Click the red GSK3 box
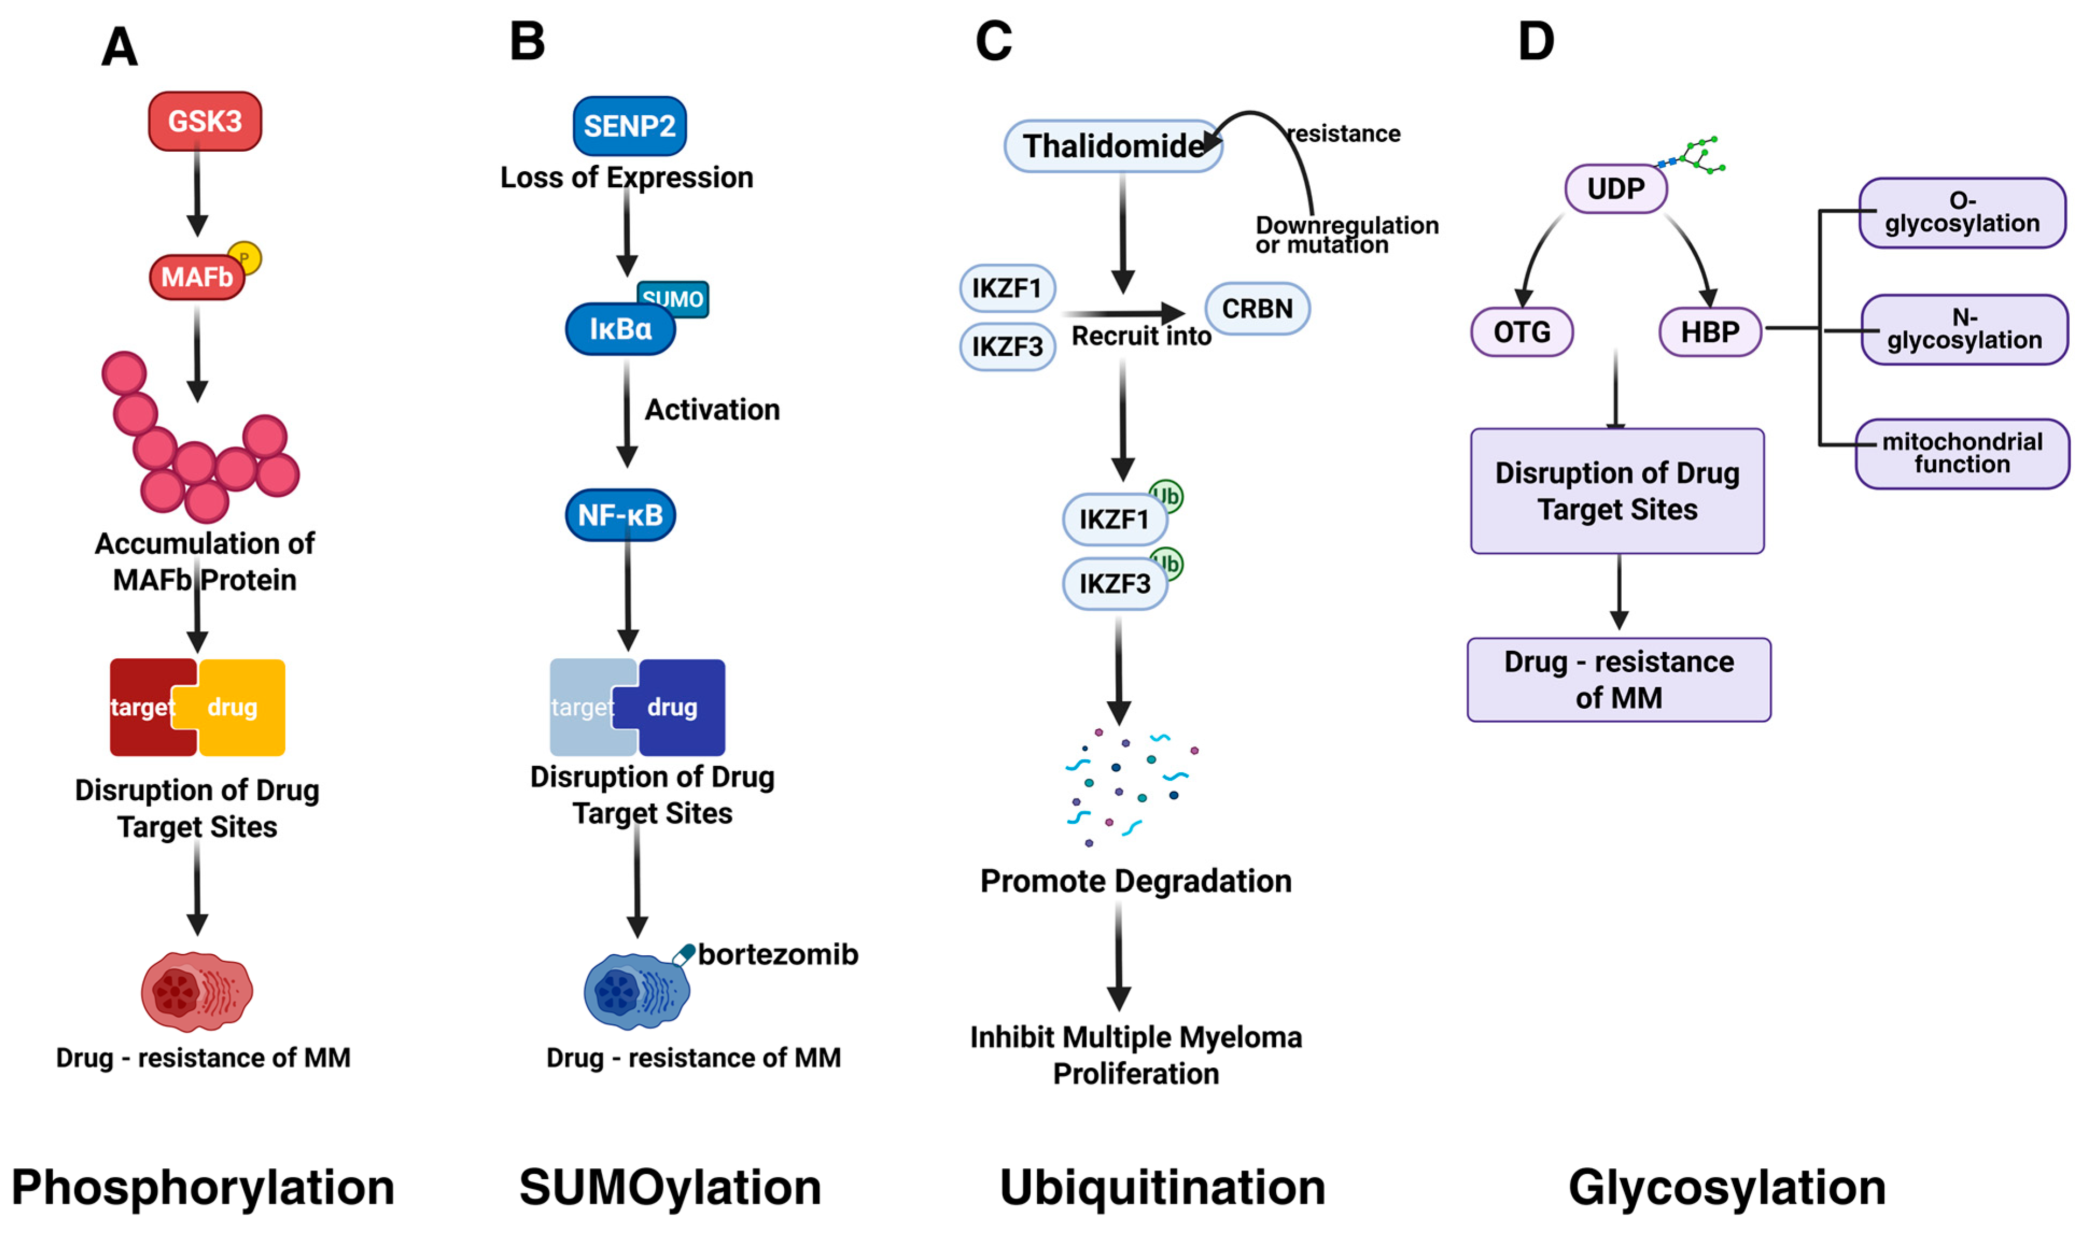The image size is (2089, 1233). pos(205,121)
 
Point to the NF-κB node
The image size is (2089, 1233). pos(620,515)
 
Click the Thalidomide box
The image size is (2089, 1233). pos(1112,146)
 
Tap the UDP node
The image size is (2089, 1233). pos(1615,188)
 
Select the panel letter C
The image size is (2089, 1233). pos(993,41)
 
